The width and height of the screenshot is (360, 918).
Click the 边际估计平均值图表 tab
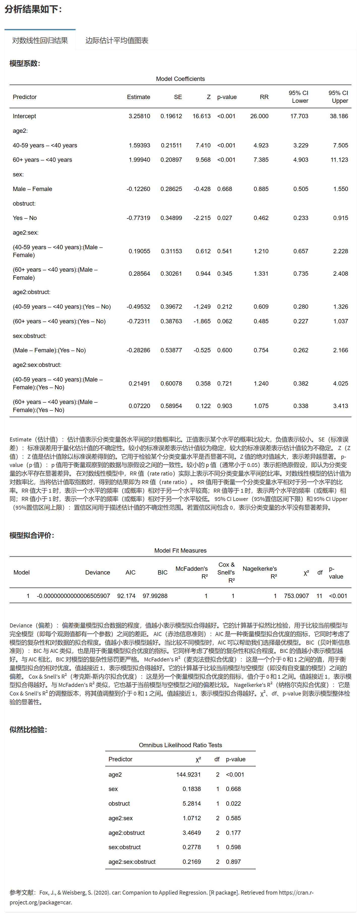tap(117, 40)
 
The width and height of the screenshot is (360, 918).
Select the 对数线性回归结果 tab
tap(40, 40)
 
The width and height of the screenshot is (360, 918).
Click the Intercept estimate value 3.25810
tap(139, 116)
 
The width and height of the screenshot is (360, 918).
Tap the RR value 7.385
tap(261, 160)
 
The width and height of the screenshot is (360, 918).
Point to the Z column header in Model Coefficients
tap(209, 97)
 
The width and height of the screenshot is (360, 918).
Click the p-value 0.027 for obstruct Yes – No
tap(224, 218)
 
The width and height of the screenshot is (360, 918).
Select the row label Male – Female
tap(32, 189)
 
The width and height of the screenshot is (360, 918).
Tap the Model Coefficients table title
tap(180, 79)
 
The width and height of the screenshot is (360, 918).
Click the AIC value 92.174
tap(126, 596)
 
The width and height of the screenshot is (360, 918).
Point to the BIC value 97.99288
tap(155, 596)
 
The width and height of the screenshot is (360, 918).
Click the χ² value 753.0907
tap(296, 596)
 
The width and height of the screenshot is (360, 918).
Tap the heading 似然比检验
tap(28, 730)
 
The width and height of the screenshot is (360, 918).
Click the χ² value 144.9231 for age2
tap(188, 774)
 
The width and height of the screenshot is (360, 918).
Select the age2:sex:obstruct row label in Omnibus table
tap(132, 862)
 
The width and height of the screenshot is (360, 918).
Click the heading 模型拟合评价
tap(32, 535)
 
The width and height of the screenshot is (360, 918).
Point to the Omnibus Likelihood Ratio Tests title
tap(180, 745)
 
